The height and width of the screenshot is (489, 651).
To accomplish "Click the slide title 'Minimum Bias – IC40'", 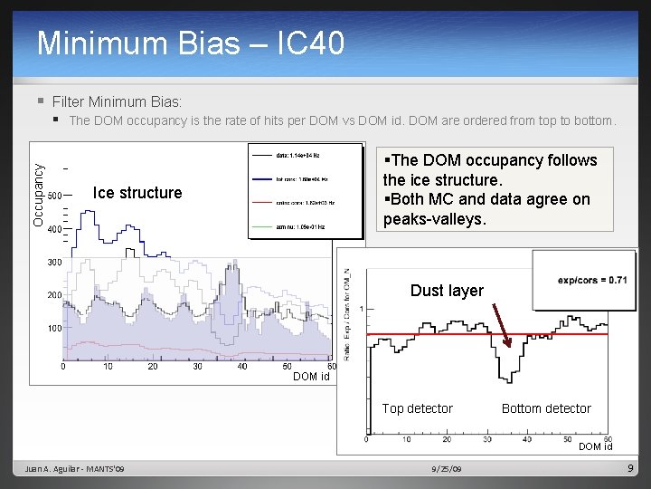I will (x=191, y=43).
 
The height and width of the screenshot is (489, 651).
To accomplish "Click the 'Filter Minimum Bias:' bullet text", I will (x=117, y=101).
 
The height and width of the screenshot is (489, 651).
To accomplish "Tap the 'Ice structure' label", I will (x=137, y=192).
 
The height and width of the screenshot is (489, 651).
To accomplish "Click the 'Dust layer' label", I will (x=447, y=291).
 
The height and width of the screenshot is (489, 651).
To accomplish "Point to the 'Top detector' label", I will (x=417, y=408).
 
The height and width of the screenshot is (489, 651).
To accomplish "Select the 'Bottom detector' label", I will (x=546, y=408).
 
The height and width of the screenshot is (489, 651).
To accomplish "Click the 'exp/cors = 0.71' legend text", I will (x=592, y=280).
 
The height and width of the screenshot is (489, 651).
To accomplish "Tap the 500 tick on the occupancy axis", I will (x=54, y=196).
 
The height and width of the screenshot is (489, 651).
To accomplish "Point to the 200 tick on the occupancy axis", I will (x=54, y=295).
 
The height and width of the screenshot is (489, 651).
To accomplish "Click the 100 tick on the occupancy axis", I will (x=54, y=329).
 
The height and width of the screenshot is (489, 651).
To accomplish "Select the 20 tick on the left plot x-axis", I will (x=153, y=367).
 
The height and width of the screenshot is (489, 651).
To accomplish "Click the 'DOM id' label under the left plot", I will (x=311, y=377).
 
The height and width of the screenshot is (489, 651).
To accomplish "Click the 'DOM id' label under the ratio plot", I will (x=595, y=446).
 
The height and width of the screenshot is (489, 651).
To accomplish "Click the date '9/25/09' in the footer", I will (x=446, y=468).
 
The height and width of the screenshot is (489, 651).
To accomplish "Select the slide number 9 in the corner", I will (x=631, y=467).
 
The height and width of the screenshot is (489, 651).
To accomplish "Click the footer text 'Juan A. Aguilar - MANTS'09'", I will (x=75, y=468).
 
